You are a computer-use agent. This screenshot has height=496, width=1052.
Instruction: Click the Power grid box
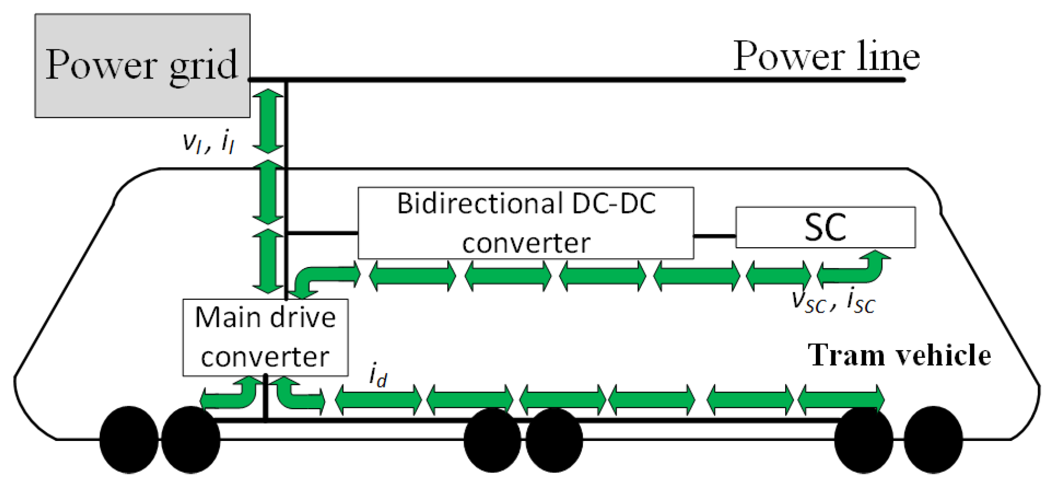pyautogui.click(x=142, y=65)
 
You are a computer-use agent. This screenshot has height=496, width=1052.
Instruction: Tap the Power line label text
pyautogui.click(x=826, y=56)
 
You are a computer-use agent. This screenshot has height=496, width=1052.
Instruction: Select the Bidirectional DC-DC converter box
pyautogui.click(x=525, y=223)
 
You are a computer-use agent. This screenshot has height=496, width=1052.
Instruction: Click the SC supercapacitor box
pyautogui.click(x=825, y=227)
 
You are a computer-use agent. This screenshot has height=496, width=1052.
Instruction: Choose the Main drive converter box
pyautogui.click(x=265, y=337)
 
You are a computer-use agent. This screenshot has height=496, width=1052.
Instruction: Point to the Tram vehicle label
pyautogui.click(x=899, y=355)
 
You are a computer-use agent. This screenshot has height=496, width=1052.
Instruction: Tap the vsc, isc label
pyautogui.click(x=834, y=300)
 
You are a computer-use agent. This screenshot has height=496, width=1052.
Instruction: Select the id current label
pyautogui.click(x=378, y=375)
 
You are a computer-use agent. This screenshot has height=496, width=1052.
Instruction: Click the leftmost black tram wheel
pyautogui.click(x=129, y=439)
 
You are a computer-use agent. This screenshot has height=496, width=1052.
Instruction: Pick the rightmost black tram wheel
pyautogui.click(x=933, y=439)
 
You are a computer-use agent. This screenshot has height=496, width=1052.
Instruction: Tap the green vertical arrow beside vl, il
pyautogui.click(x=268, y=121)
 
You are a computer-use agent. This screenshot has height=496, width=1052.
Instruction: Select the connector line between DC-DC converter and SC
pyautogui.click(x=715, y=236)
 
